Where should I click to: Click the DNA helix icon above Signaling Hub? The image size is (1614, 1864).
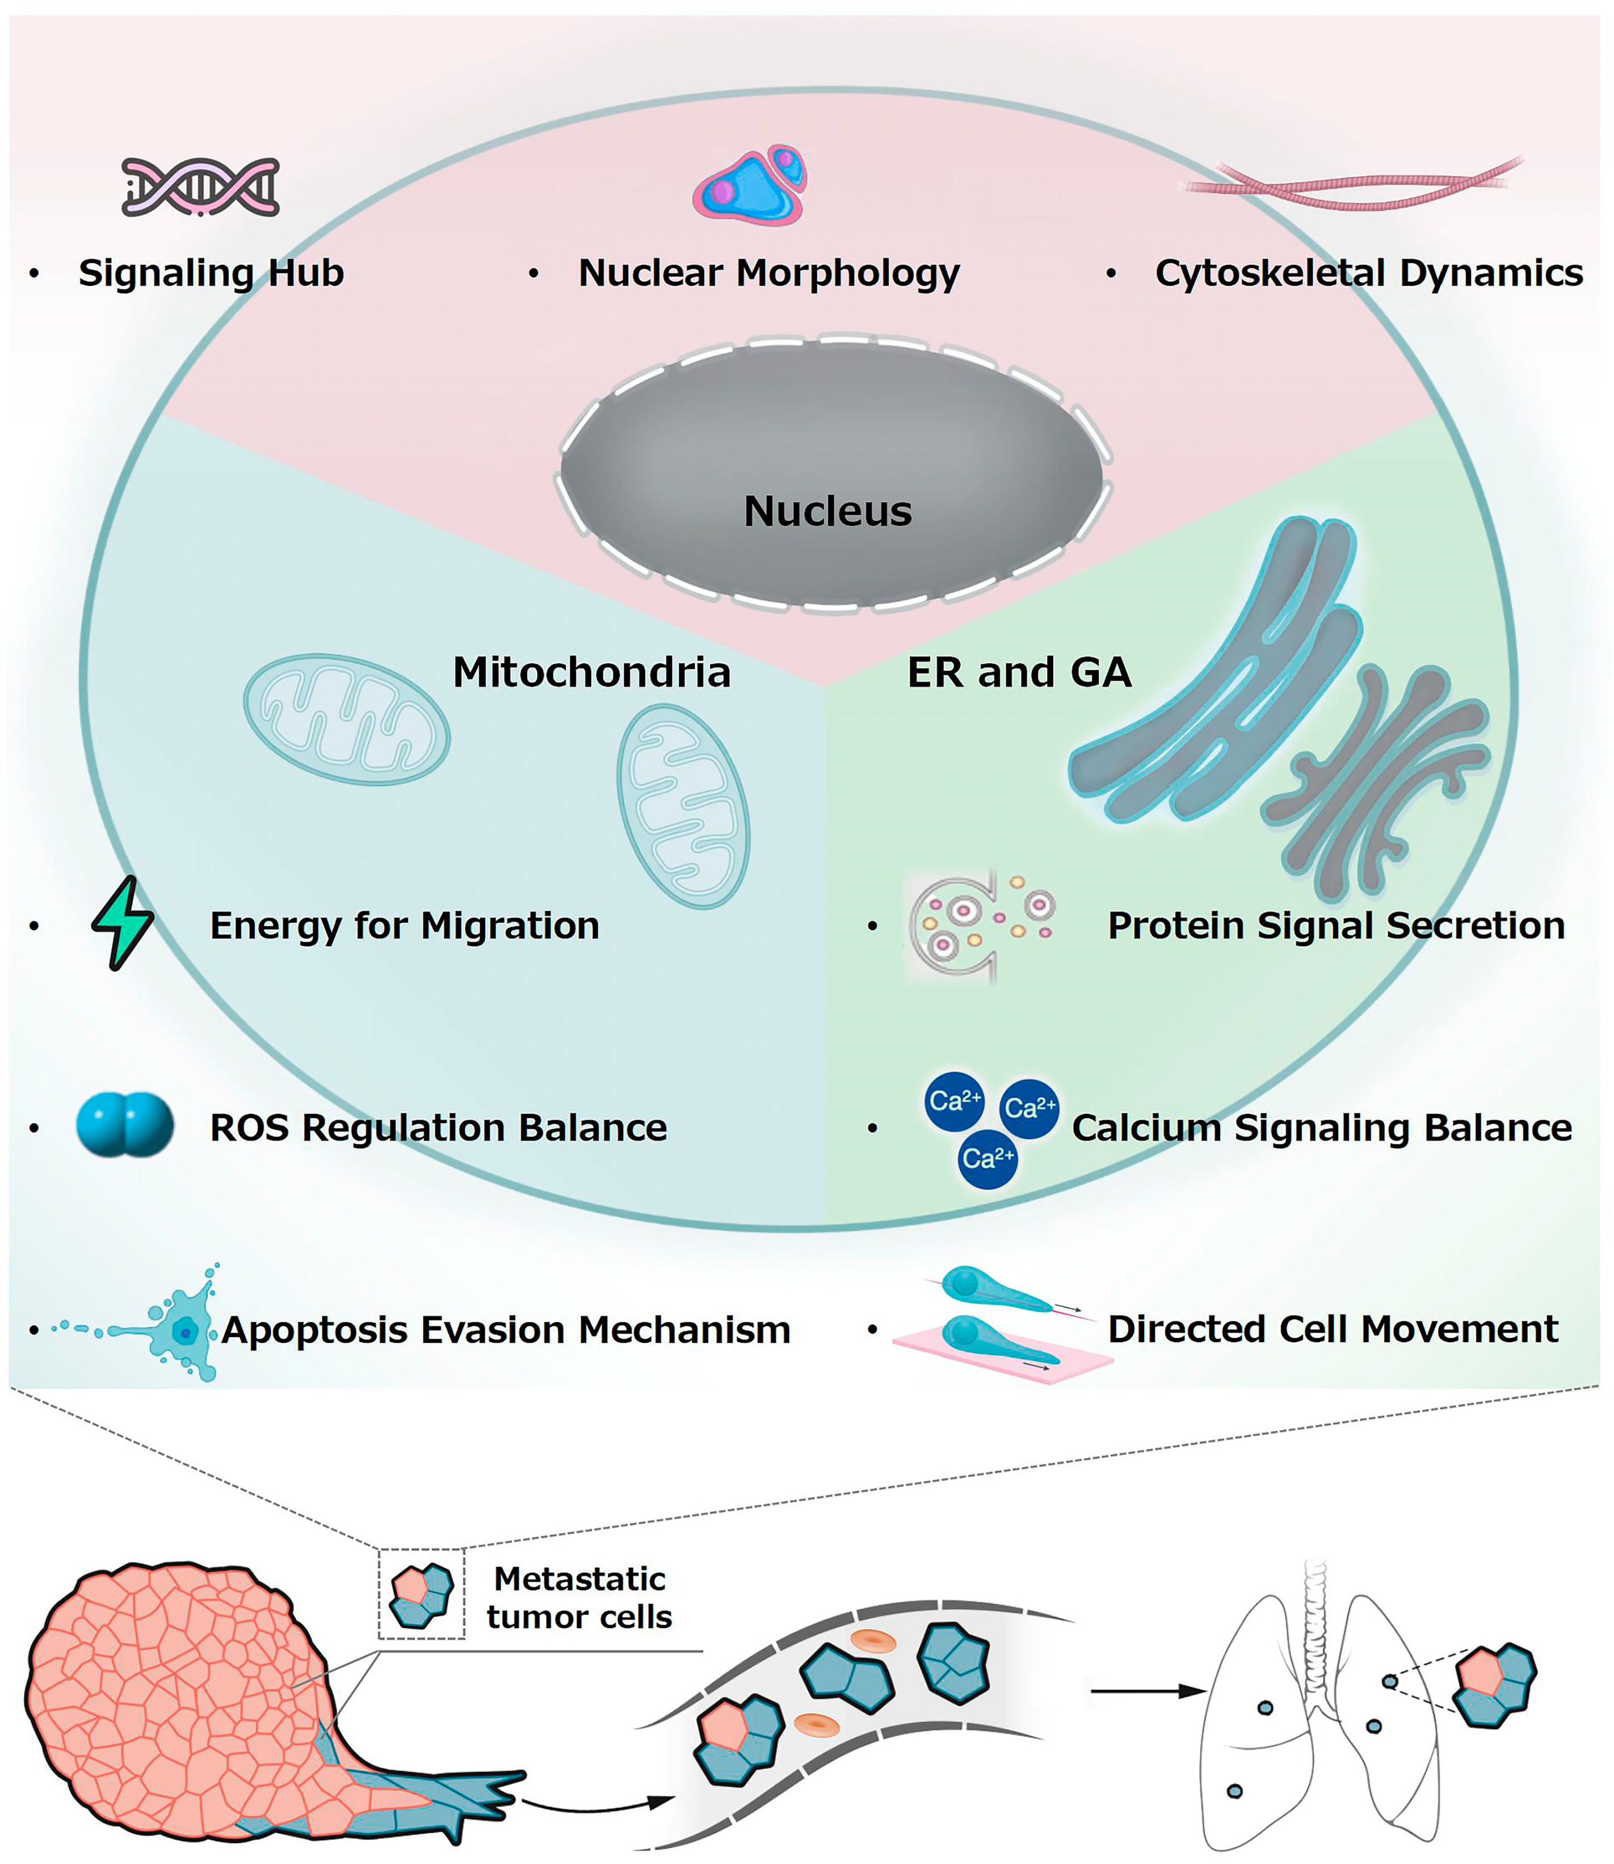tap(200, 186)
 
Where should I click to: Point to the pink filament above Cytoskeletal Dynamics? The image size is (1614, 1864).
tap(1351, 185)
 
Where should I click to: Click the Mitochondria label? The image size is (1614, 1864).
tap(591, 672)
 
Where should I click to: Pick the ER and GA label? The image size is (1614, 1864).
tap(1019, 672)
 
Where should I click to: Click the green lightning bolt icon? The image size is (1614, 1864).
tap(123, 923)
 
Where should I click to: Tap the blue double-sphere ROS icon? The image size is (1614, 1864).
tap(124, 1124)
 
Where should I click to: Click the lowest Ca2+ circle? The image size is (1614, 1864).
tap(987, 1159)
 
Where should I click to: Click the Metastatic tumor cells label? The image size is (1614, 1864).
tap(579, 1597)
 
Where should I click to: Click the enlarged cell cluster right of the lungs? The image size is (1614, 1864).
tap(1495, 1684)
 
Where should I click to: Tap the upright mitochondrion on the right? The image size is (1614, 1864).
tap(683, 806)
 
